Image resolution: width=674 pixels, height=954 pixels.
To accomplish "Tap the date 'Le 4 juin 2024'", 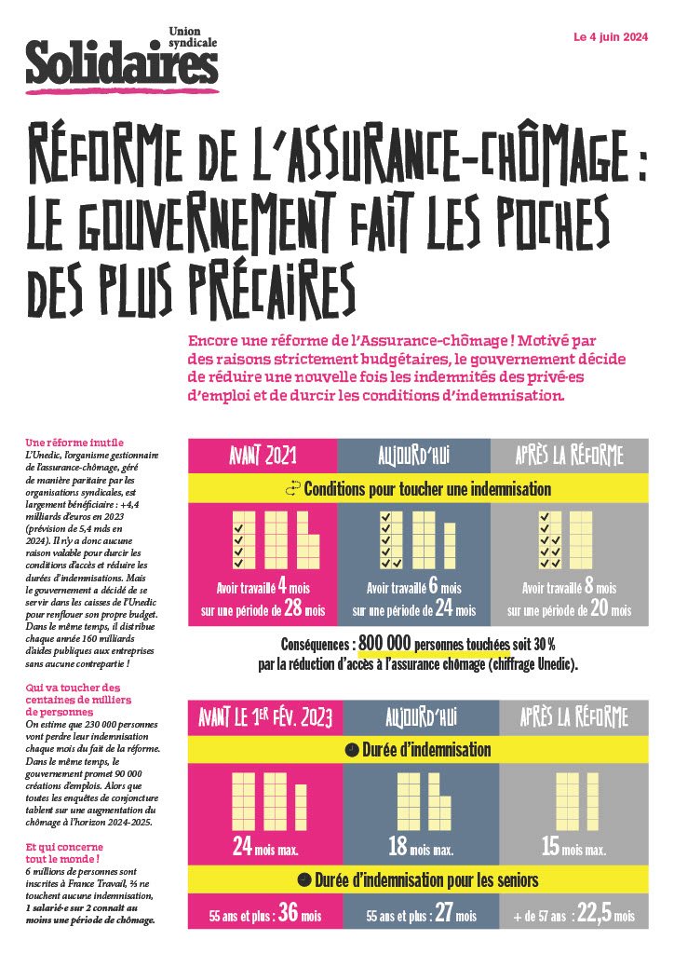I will (x=610, y=38).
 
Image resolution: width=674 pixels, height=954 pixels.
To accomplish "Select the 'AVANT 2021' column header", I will (x=263, y=456).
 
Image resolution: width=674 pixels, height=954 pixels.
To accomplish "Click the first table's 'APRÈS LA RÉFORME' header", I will (x=569, y=456).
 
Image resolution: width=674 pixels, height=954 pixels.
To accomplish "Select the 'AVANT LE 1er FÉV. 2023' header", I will (x=263, y=717).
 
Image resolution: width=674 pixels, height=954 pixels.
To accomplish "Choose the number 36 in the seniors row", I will (x=289, y=914).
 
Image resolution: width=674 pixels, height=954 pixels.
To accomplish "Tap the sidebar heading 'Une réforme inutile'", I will (x=74, y=441).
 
